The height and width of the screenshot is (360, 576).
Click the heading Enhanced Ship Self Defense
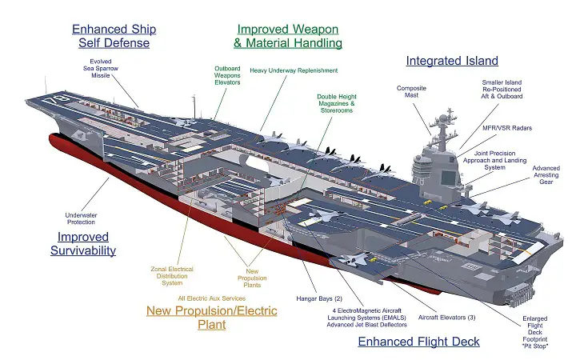(114, 36)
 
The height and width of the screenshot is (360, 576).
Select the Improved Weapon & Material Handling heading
(288, 36)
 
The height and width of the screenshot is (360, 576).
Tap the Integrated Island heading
(451, 61)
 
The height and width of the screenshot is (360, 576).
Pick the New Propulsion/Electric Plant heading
(211, 317)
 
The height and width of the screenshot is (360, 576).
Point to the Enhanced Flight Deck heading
(418, 342)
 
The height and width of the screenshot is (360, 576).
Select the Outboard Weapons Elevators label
(227, 77)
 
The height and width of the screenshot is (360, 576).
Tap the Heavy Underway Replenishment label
(294, 70)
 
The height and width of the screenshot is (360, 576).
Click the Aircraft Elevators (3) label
(446, 318)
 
